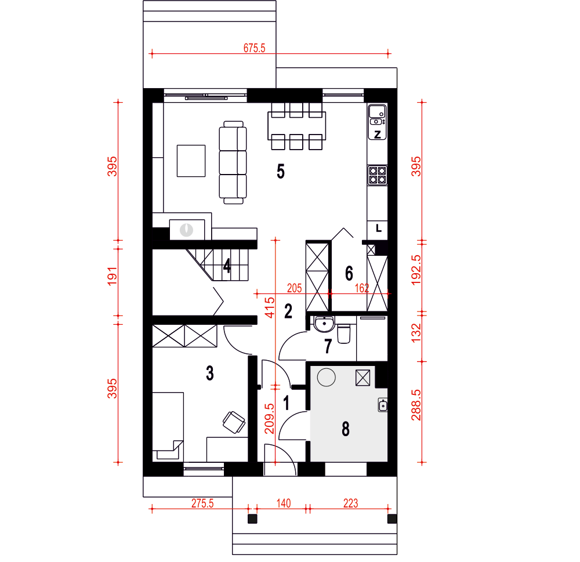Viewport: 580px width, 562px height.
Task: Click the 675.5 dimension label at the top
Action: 254,48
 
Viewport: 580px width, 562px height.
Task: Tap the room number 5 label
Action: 281,171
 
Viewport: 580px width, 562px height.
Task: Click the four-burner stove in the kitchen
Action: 378,175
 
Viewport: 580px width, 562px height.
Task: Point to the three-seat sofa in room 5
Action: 233,162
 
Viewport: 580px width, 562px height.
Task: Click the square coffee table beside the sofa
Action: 191,161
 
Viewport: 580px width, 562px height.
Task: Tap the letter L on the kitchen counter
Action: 378,229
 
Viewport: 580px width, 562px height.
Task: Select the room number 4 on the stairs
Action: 227,265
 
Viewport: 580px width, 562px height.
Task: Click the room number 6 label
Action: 349,273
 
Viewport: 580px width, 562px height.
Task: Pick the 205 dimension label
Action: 295,288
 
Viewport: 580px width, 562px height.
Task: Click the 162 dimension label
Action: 362,288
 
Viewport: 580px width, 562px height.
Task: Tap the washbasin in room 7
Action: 324,324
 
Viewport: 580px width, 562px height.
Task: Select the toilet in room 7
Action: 343,333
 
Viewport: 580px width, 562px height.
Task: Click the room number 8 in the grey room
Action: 346,429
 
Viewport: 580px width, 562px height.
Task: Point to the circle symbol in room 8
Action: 326,378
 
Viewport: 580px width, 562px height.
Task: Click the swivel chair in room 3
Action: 234,422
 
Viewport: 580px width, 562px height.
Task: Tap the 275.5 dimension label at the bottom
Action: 202,503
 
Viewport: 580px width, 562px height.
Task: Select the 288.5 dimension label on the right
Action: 416,405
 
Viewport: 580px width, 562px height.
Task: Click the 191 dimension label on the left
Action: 112,277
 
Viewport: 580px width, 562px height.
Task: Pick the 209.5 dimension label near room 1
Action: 269,418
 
